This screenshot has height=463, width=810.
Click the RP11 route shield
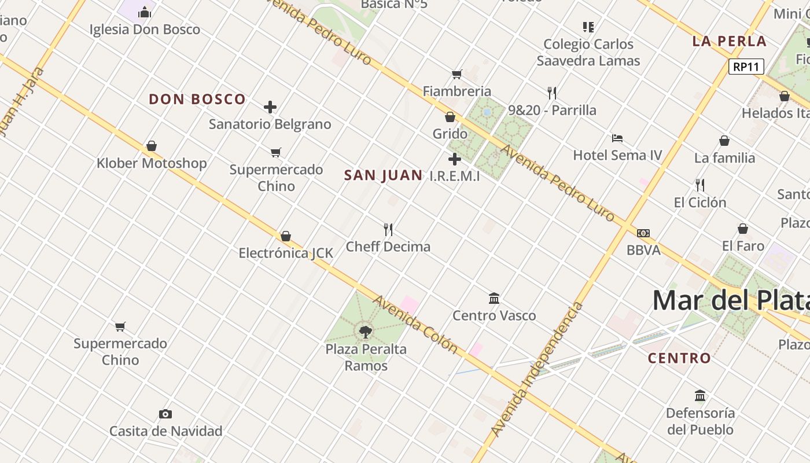click(x=746, y=67)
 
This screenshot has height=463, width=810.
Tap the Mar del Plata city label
click(x=730, y=300)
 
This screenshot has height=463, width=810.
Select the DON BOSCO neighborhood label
click(x=197, y=100)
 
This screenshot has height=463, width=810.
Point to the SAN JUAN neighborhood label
click(x=383, y=175)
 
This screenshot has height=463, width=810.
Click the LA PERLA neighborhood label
click(x=729, y=41)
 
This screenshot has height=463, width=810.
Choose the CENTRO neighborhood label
click(x=679, y=358)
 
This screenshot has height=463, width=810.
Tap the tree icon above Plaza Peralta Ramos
click(x=365, y=332)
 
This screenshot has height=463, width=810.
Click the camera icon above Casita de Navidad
click(x=165, y=414)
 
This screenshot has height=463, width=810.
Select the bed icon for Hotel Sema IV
click(x=617, y=138)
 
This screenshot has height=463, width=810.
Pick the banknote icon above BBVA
click(x=643, y=233)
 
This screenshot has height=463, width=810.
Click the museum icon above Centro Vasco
click(x=494, y=298)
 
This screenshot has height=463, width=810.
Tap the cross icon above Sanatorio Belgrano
click(x=270, y=107)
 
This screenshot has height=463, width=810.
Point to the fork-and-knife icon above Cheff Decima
click(x=388, y=230)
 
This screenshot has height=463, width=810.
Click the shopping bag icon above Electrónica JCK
click(x=286, y=236)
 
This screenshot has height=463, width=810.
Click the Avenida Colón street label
click(x=416, y=324)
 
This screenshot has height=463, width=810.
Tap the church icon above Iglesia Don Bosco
click(x=145, y=12)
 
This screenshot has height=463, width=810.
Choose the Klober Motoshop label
click(x=152, y=163)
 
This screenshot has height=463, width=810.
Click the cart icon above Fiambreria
click(x=457, y=74)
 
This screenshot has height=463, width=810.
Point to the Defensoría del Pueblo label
click(x=700, y=421)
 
